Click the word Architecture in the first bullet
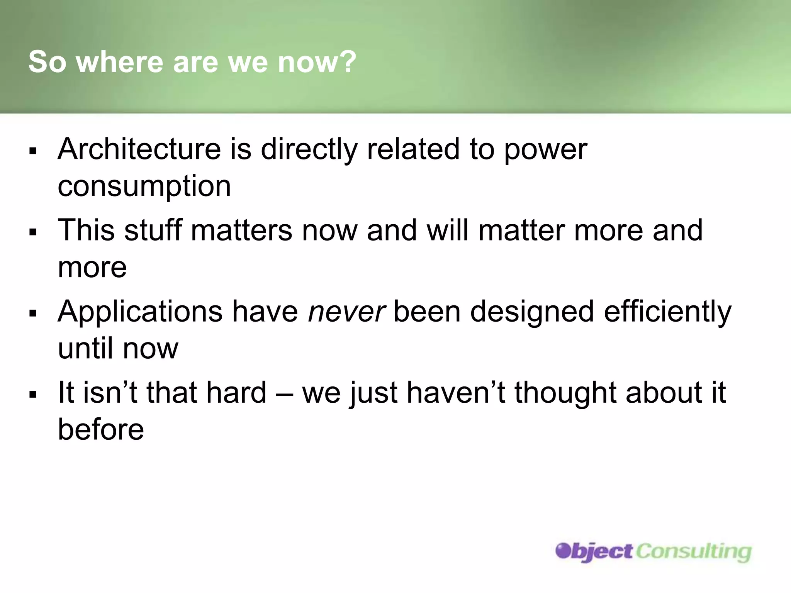coord(139,149)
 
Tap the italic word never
coord(346,312)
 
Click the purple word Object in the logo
coord(594,551)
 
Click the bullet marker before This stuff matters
coord(33,232)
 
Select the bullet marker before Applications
coord(33,313)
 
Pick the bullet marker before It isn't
coord(33,394)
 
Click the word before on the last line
coord(101,429)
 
